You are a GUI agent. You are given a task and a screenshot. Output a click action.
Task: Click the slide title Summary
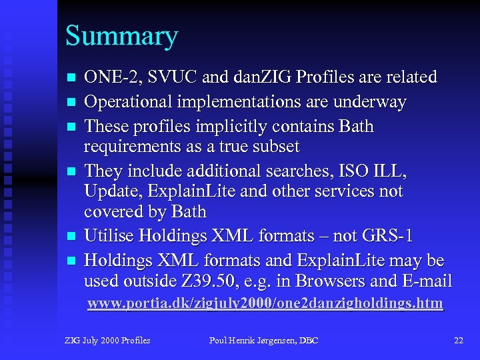(121, 37)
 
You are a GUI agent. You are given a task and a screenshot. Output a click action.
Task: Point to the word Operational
(126, 103)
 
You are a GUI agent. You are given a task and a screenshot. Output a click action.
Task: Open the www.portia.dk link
(265, 304)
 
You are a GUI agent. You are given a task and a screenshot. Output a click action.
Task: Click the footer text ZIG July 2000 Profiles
(107, 341)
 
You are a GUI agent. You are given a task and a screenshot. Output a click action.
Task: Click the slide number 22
(458, 341)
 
